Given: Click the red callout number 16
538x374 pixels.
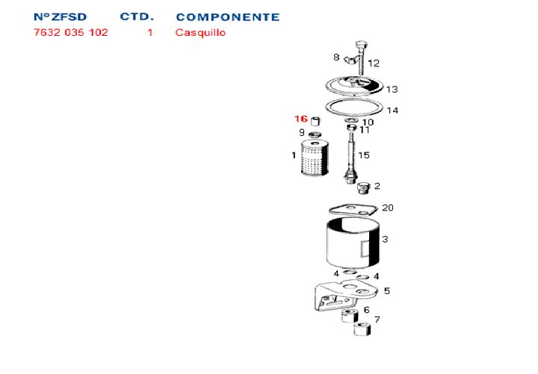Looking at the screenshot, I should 300,119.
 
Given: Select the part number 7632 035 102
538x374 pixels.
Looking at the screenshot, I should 71,33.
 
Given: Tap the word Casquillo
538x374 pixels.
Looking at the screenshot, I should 200,33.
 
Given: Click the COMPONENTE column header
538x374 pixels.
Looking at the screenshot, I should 228,17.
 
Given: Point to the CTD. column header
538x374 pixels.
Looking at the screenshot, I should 137,17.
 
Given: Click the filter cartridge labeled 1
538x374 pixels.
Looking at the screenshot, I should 314,158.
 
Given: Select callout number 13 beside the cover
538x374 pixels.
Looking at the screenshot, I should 392,89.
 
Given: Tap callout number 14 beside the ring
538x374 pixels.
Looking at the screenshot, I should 392,110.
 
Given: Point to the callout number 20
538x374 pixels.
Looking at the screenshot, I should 387,208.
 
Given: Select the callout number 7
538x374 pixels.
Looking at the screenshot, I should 377,320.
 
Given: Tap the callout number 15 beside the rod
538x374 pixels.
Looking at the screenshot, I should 364,155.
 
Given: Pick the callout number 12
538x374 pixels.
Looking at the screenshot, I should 374,63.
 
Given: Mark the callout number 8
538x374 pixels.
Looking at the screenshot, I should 336,57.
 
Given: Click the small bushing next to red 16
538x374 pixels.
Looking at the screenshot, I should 315,122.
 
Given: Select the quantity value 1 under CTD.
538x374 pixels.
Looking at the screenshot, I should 150,33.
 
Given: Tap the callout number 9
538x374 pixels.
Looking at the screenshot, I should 302,133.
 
